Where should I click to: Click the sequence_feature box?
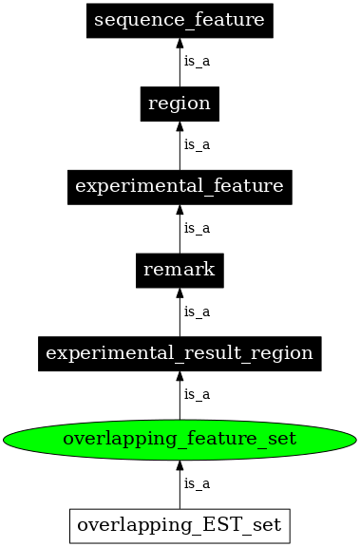pyautogui.click(x=180, y=20)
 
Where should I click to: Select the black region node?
pyautogui.click(x=180, y=104)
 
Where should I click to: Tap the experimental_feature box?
pyautogui.click(x=180, y=186)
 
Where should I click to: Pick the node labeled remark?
pyautogui.click(x=180, y=270)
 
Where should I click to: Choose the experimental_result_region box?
pyautogui.click(x=180, y=353)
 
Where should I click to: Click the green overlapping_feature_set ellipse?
pyautogui.click(x=180, y=439)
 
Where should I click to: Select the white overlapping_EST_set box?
pyautogui.click(x=180, y=524)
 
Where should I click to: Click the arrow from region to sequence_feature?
pyautogui.click(x=180, y=65)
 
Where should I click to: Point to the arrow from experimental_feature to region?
pyautogui.click(x=180, y=147)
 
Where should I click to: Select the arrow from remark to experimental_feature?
pyautogui.click(x=180, y=231)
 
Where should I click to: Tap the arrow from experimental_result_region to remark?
pyautogui.click(x=180, y=314)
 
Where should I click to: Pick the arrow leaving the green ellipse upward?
pyautogui.click(x=180, y=397)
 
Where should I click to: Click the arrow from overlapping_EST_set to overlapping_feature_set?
pyautogui.click(x=180, y=484)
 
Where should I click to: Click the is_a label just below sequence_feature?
pyautogui.click(x=197, y=62)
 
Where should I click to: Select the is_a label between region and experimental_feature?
pyautogui.click(x=197, y=144)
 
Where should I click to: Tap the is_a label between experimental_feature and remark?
pyautogui.click(x=197, y=228)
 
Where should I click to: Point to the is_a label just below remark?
pyautogui.click(x=197, y=311)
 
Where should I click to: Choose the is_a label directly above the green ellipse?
pyautogui.click(x=197, y=394)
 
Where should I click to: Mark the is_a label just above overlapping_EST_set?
pyautogui.click(x=197, y=483)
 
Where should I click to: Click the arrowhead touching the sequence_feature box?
pyautogui.click(x=180, y=45)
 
